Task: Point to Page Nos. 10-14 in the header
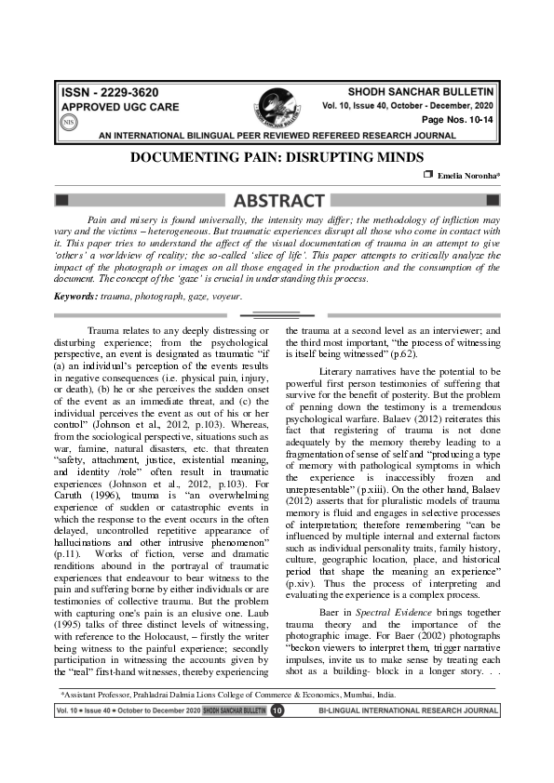coord(460,121)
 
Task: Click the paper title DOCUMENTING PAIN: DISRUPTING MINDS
coord(277,158)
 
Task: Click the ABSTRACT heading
coord(277,200)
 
